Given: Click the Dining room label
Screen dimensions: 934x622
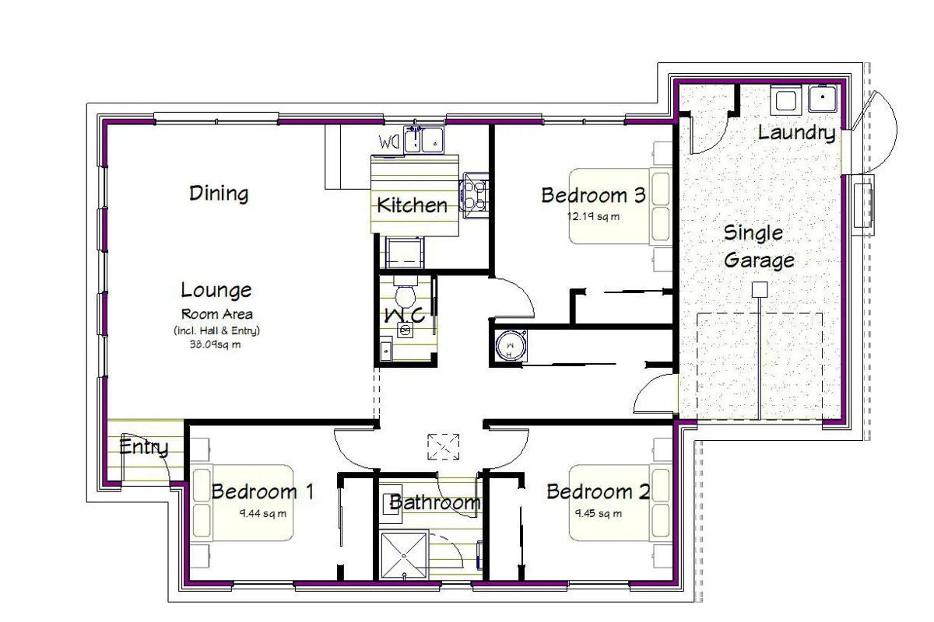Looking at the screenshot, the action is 219,194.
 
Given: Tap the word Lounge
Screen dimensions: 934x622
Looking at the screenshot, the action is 216,290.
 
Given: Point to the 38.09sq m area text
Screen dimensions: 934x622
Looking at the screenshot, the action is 215,344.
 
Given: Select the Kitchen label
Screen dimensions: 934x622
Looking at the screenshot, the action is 412,205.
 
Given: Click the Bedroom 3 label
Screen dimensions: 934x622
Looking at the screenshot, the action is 593,195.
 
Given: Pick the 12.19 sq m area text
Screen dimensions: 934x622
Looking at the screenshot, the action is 593,217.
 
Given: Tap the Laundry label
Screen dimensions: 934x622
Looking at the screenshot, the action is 797,133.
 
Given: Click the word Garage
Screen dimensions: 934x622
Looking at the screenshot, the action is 760,260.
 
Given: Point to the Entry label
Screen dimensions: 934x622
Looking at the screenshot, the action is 144,447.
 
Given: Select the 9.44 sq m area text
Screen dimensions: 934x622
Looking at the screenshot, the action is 263,514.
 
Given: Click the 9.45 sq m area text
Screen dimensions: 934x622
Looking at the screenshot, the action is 599,514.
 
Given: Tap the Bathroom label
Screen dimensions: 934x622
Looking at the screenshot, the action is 435,502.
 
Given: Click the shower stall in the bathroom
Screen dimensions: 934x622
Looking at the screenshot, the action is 404,554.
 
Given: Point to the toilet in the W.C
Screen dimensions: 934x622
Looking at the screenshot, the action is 405,294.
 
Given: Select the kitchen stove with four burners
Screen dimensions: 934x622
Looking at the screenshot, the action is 474,195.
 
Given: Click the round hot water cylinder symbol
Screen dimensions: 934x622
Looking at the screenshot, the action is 511,346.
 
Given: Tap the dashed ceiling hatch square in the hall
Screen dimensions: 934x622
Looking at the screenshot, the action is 443,447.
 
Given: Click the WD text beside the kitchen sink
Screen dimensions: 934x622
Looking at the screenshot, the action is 389,142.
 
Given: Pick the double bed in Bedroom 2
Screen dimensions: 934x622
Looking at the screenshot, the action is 620,503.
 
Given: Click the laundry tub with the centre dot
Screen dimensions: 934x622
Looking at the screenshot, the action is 822,98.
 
